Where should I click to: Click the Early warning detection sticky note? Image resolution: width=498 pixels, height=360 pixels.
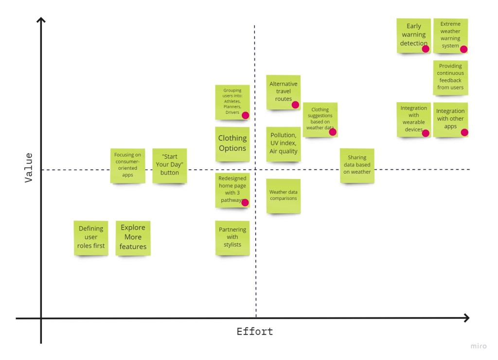tap(413, 35)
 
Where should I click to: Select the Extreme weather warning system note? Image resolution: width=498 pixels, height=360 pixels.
tap(450, 35)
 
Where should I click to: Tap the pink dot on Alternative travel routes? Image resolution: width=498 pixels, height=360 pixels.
tap(295, 105)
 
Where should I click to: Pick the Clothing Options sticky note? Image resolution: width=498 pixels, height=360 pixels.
tap(232, 144)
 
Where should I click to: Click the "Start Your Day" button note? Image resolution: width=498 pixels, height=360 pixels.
tap(170, 165)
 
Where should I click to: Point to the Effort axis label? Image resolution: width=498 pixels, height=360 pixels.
tap(255, 332)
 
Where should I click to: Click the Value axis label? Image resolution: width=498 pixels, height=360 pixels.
tap(29, 167)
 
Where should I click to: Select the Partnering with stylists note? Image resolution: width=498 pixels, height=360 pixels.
tap(232, 237)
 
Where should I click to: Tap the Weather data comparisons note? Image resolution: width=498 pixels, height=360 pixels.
tap(283, 196)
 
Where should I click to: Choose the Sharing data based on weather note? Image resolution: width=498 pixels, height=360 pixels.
tap(357, 165)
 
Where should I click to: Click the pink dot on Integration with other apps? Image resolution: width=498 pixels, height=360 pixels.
tap(464, 132)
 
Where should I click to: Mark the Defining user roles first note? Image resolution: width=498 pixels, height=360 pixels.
tap(91, 237)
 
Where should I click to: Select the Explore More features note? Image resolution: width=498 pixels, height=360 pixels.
tap(133, 237)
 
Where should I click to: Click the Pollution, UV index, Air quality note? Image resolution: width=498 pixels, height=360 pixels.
tap(283, 144)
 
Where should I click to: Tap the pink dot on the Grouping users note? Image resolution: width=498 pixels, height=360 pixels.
tap(245, 115)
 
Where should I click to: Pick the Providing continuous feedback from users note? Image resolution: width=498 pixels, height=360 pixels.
tap(450, 77)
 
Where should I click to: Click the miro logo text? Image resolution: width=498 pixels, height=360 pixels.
tap(478, 346)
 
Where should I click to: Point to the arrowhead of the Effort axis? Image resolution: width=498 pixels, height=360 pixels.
tap(467, 318)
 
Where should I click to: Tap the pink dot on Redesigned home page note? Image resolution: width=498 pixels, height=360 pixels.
tap(245, 202)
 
